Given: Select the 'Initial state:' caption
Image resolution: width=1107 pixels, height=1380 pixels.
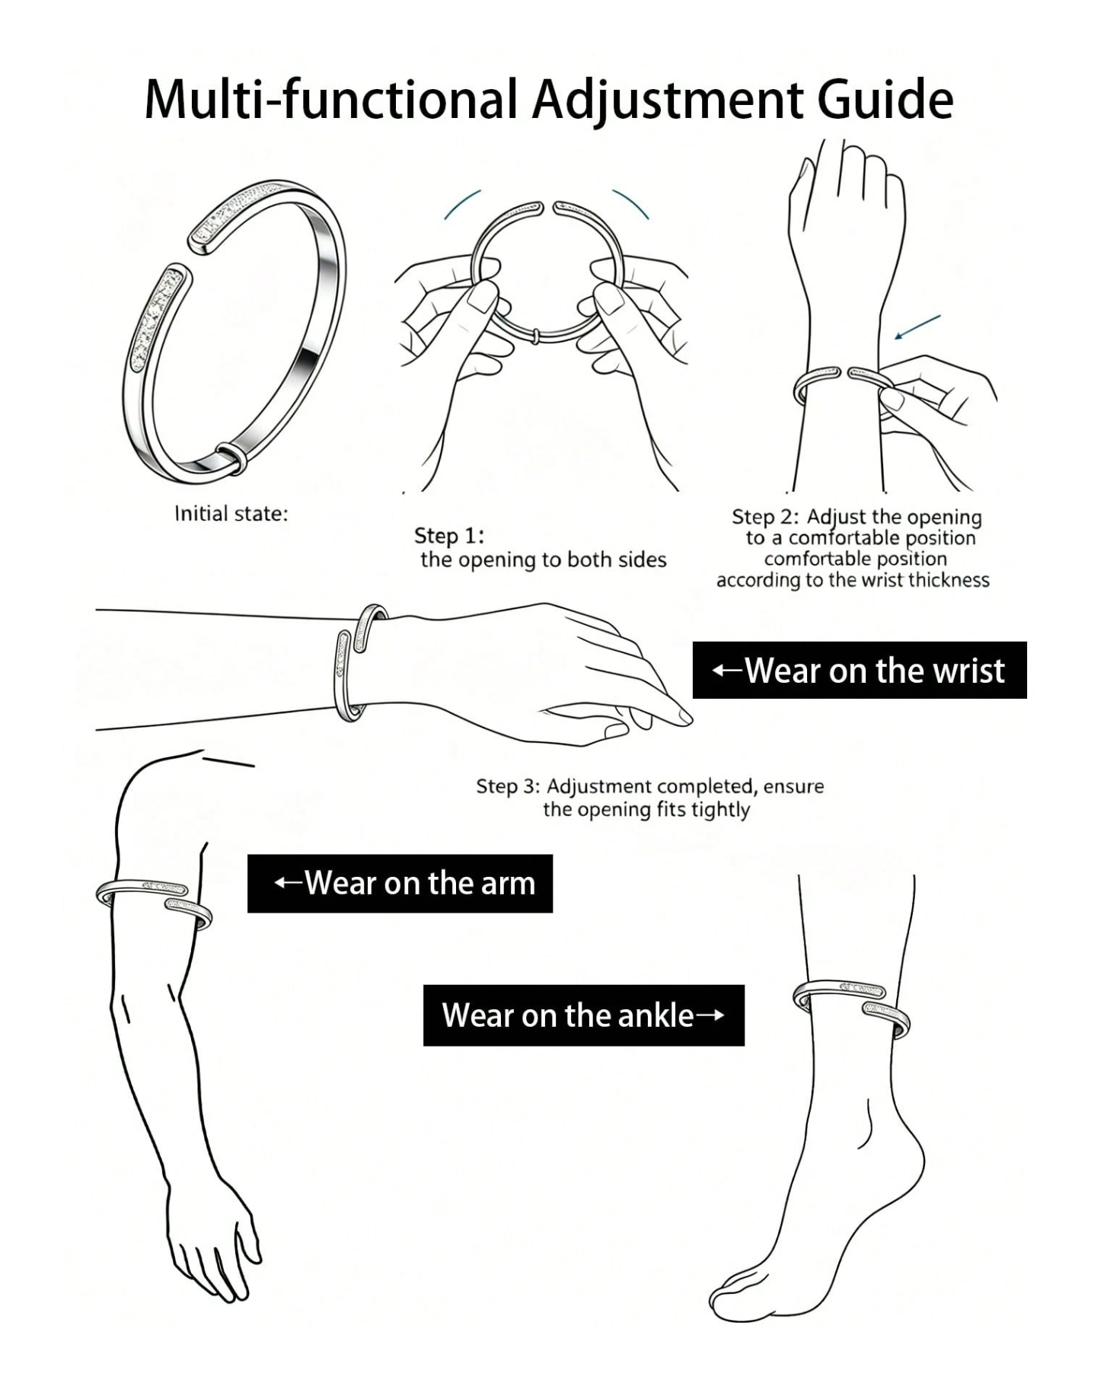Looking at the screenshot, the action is coord(231,514).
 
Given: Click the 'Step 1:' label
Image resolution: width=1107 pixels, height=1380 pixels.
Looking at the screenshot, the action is coord(449,536).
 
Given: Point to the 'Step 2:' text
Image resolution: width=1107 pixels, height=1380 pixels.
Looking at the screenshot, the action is coord(765,517).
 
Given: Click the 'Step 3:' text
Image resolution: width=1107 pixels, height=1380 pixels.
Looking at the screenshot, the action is coord(508,786).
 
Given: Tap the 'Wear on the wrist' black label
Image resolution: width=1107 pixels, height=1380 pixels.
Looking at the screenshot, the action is coord(860,670).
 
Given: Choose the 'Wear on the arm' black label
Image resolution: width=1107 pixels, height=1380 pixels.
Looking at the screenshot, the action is coord(400,883).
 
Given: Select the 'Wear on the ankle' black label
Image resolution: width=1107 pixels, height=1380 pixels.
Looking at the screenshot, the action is coord(584,1015).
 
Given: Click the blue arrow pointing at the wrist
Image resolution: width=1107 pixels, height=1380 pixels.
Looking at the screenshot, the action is coord(917,327).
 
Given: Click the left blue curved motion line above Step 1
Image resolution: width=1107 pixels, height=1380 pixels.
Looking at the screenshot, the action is coord(461,203).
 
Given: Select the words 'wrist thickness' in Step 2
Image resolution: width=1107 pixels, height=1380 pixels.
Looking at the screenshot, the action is coord(920,580).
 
